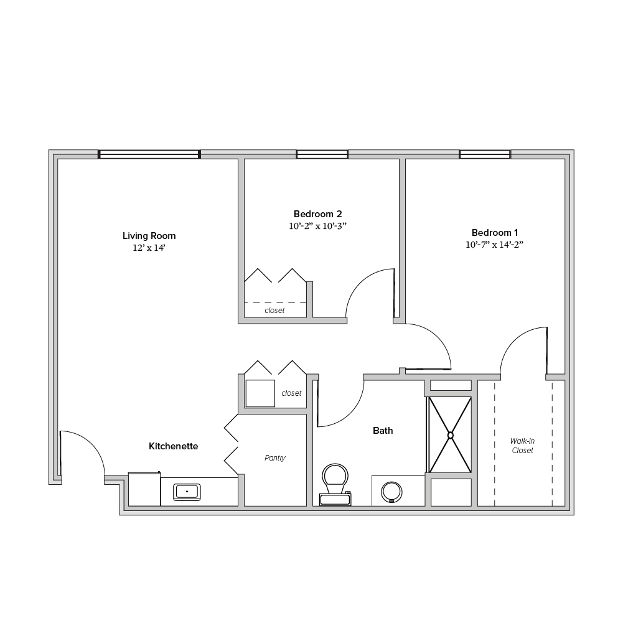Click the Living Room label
click(x=149, y=236)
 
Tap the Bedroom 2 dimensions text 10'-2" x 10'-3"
click(x=318, y=226)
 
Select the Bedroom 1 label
click(x=495, y=232)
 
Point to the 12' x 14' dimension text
click(x=149, y=248)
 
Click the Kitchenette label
click(x=173, y=446)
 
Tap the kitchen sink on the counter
click(x=187, y=492)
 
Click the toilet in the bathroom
click(x=335, y=484)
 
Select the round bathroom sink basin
click(x=391, y=492)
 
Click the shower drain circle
click(x=450, y=435)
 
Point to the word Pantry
click(x=275, y=458)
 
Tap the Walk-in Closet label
click(x=522, y=446)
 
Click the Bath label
click(x=383, y=431)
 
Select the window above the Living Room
click(x=149, y=154)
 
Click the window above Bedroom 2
click(x=322, y=154)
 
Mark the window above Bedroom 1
click(x=485, y=154)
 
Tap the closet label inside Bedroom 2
click(x=274, y=311)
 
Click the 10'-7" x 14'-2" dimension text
click(x=495, y=245)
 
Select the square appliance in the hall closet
click(x=260, y=393)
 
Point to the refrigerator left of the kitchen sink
click(x=144, y=489)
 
